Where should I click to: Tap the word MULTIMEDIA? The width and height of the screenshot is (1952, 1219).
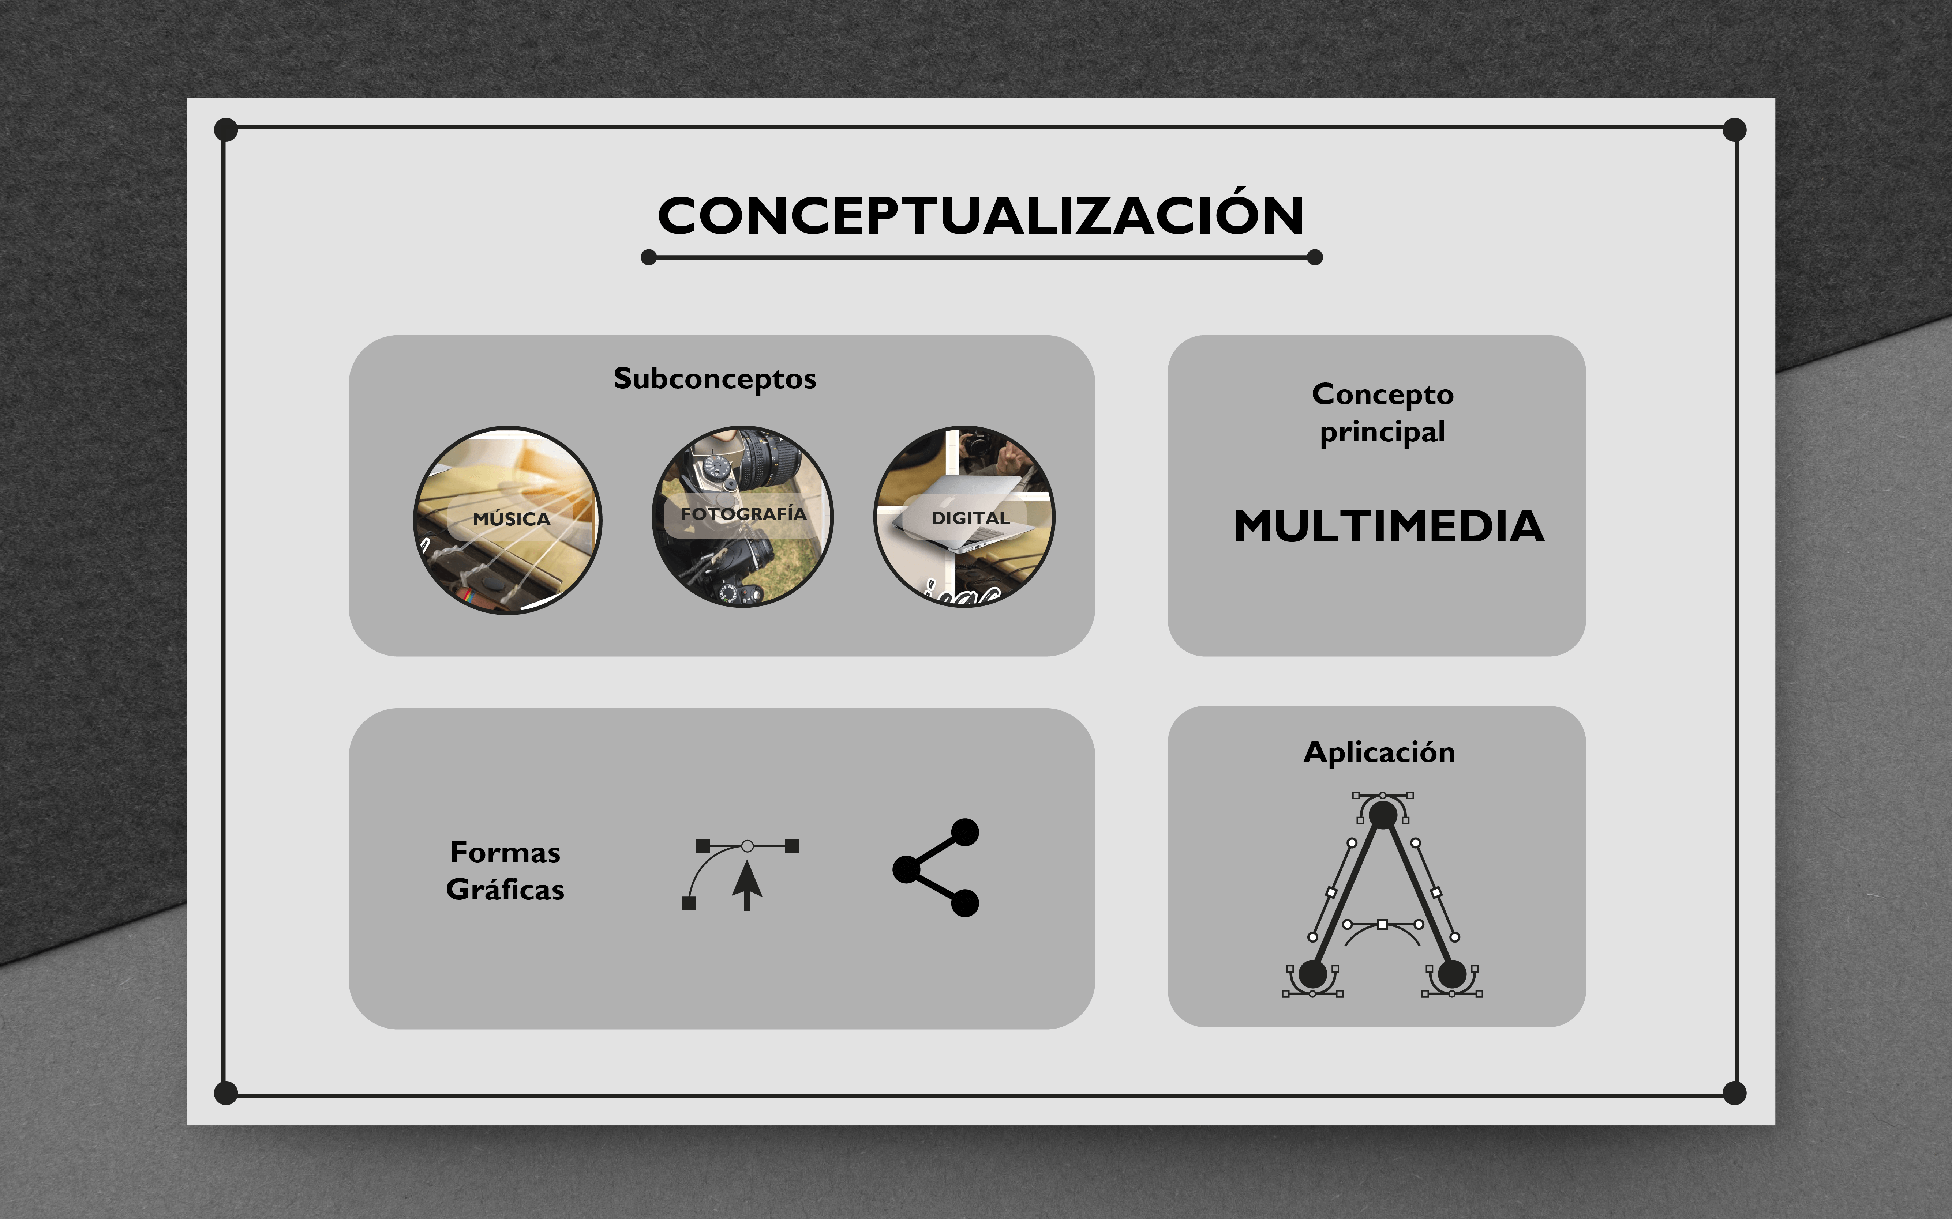[1388, 527]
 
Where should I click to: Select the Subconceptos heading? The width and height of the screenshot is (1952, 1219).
[715, 379]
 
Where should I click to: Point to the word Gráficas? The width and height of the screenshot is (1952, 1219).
[505, 889]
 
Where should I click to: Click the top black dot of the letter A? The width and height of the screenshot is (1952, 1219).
[1383, 814]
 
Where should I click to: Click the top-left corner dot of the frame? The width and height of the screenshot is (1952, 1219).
[226, 129]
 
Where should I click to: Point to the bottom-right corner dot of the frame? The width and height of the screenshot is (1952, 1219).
[1734, 1093]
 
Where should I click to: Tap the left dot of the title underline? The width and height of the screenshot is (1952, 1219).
[648, 257]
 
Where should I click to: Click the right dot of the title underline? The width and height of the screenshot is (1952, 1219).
[1315, 257]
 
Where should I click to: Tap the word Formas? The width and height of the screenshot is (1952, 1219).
[505, 852]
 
